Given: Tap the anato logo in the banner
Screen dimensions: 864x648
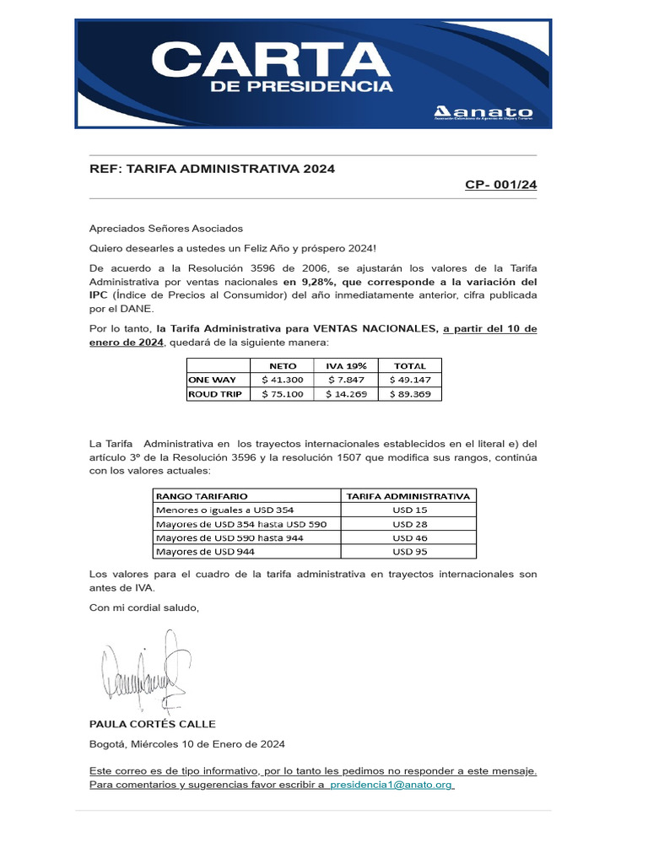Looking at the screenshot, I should click(x=483, y=113).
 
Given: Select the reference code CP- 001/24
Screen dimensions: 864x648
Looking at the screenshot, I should click(x=500, y=185).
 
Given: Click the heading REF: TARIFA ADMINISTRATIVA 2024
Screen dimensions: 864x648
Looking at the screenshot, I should click(x=212, y=169).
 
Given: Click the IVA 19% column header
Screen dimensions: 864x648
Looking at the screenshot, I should click(x=347, y=366).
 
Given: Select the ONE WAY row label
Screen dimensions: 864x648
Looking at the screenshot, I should click(x=213, y=380).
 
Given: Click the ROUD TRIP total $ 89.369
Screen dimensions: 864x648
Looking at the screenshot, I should click(x=410, y=393).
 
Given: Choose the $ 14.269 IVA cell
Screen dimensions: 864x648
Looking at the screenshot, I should click(x=347, y=393).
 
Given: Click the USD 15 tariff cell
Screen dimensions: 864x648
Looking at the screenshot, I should click(x=409, y=510).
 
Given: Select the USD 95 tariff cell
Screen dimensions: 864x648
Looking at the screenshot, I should click(x=409, y=552).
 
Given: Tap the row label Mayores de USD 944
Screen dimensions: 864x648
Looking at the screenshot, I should click(x=206, y=552).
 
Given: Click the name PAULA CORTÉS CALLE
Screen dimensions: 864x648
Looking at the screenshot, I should click(x=153, y=724).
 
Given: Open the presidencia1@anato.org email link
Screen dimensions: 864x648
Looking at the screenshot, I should click(x=392, y=785).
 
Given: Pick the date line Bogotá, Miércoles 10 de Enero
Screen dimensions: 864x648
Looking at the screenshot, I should click(x=187, y=744).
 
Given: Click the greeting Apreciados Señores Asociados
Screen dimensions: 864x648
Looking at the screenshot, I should click(x=166, y=228).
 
